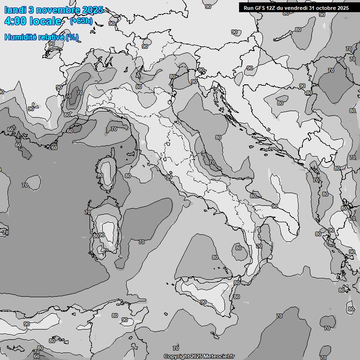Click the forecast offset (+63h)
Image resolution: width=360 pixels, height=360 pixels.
81,21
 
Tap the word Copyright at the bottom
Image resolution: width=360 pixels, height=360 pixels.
177,356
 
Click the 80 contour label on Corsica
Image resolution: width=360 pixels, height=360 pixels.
100,175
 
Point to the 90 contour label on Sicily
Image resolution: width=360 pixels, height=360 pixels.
203,302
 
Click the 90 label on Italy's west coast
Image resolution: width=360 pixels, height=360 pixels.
169,177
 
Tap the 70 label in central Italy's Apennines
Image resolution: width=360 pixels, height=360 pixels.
212,162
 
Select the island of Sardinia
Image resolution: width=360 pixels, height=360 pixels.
104,232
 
